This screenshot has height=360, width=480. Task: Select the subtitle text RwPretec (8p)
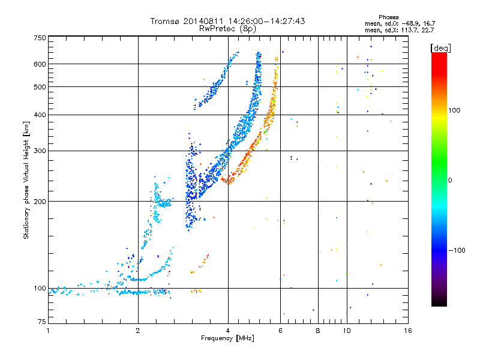228,29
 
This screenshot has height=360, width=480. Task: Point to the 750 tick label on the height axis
40,38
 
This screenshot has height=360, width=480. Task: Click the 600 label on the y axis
40,64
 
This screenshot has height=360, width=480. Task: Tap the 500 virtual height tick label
40,87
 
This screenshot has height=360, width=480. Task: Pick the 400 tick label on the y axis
40,115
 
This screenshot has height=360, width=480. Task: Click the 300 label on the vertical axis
40,151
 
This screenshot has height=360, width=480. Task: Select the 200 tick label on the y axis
40,202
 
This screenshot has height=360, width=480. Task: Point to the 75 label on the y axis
42,322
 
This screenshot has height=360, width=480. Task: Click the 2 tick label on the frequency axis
138,331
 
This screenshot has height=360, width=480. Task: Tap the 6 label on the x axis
280,331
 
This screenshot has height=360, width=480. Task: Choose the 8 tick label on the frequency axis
318,331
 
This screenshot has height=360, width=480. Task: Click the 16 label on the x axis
408,331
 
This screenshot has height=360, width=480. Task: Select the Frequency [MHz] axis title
227,338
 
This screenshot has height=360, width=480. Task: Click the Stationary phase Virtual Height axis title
26,181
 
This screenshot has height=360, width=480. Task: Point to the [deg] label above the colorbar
440,48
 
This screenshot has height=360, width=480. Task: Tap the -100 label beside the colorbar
457,250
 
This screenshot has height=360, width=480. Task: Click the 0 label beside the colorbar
450,181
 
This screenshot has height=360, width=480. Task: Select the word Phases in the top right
389,17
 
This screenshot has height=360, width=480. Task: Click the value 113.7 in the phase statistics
409,30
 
